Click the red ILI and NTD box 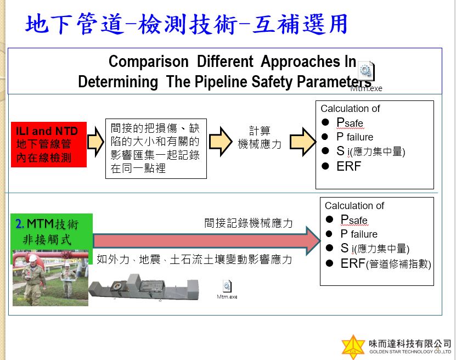coord(49,144)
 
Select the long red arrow coord(207,241)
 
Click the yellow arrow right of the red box coord(95,142)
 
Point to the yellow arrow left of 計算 coord(221,142)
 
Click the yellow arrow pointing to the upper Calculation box coord(303,142)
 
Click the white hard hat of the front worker coord(32,258)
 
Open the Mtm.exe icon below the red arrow coord(227,286)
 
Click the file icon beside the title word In coord(366,71)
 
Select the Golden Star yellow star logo coord(353,347)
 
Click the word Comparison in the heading coord(149,61)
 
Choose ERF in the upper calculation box coord(348,166)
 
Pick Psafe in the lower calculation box coord(354,220)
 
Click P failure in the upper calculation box coord(355,137)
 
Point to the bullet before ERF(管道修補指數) coord(329,263)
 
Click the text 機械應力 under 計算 coord(260,144)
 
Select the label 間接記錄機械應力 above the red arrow coord(249,223)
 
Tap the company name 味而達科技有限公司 coord(410,344)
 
